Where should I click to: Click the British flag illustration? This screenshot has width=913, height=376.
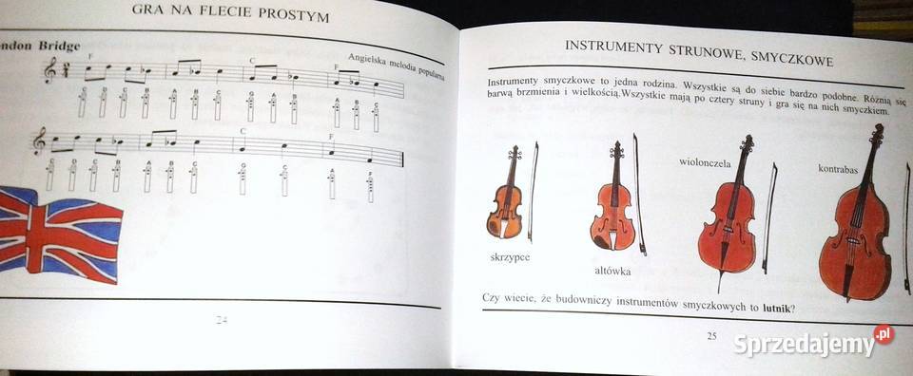click(x=59, y=232)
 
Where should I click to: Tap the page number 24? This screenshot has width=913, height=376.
click(x=221, y=319)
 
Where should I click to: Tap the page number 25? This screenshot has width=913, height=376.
click(x=711, y=335)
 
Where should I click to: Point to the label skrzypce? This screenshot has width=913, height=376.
click(x=510, y=257)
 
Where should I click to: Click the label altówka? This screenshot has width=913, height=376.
click(x=612, y=272)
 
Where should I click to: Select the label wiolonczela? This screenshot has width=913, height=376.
click(x=705, y=162)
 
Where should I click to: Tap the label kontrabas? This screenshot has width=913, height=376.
click(x=838, y=170)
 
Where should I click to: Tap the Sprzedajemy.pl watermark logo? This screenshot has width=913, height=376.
click(x=813, y=343)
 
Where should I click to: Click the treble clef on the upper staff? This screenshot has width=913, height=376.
click(x=49, y=69)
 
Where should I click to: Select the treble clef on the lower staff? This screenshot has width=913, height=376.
click(x=39, y=141)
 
